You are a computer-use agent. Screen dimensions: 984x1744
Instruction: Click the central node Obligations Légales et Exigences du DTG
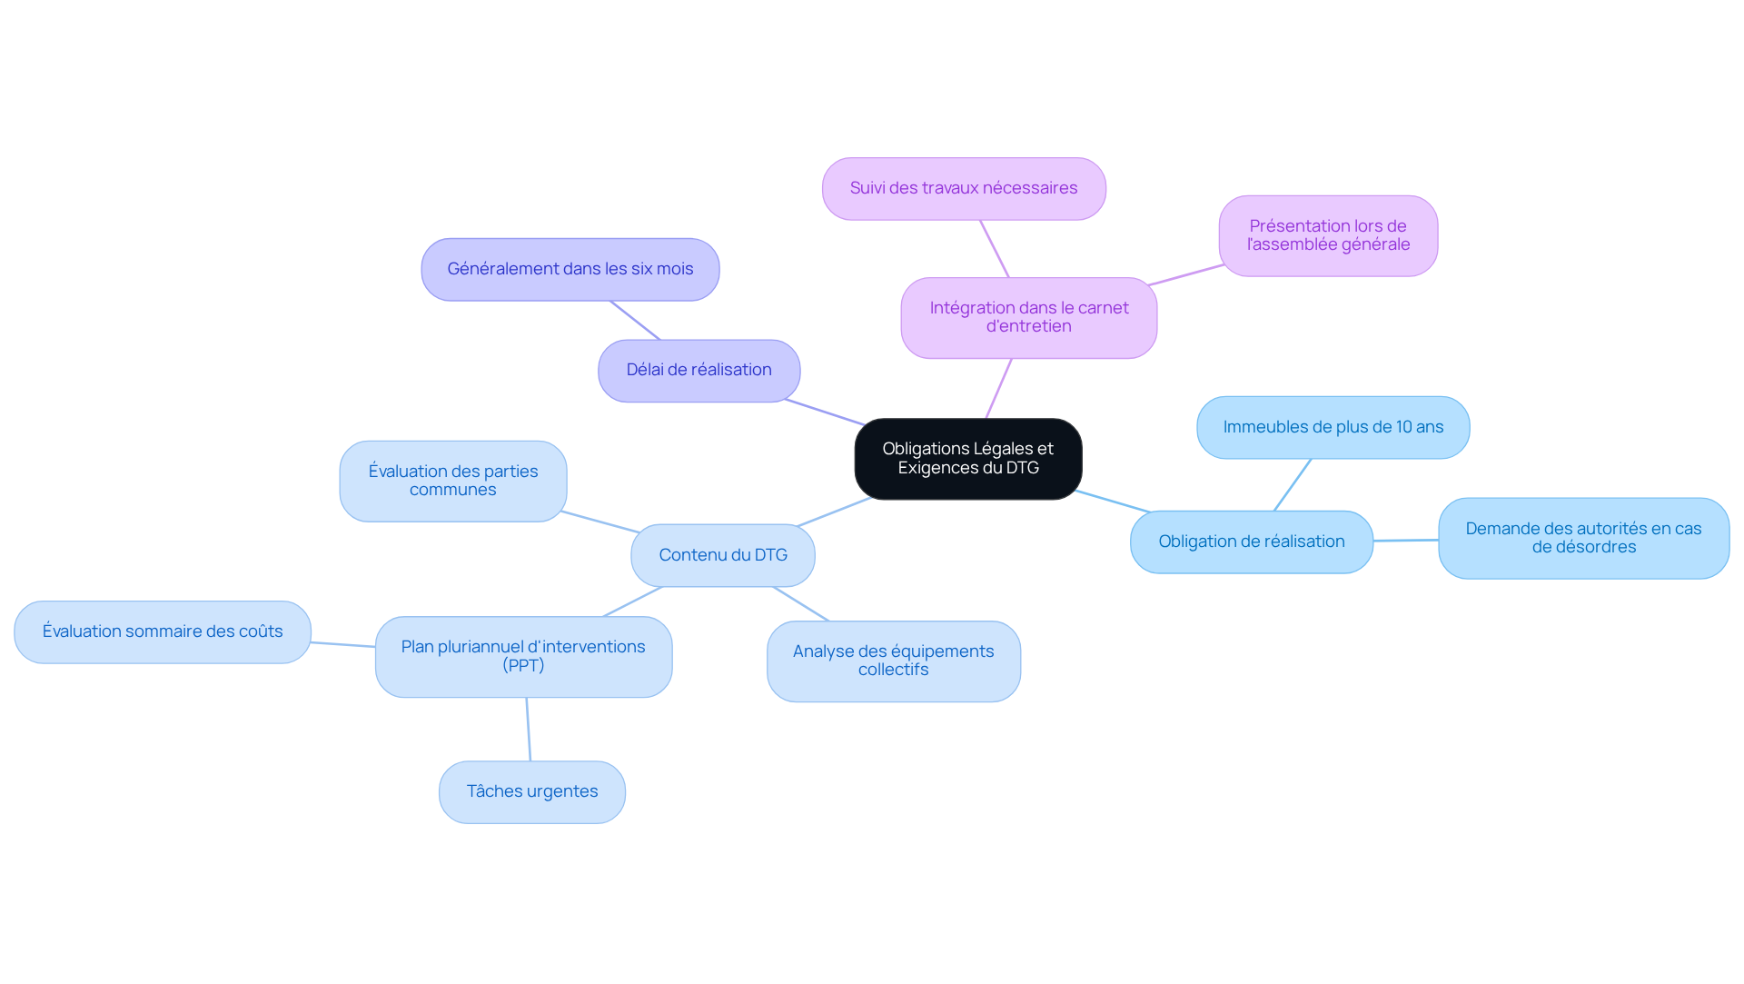point(967,459)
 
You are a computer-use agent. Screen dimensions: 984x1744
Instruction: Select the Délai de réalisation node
point(699,371)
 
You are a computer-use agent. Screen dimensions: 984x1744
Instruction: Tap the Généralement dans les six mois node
point(570,270)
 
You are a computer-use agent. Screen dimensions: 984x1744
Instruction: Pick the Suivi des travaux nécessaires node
point(963,189)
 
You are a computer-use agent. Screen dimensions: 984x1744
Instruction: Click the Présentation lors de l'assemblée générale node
point(1327,236)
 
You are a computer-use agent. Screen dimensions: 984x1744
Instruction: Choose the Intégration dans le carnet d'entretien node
point(1028,318)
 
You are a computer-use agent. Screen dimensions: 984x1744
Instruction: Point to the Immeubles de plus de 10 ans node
point(1333,428)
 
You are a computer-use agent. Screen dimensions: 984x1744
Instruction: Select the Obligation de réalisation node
point(1251,542)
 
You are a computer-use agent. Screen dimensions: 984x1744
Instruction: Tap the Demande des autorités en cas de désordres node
point(1582,539)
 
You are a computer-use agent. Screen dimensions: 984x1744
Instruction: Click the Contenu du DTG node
point(722,555)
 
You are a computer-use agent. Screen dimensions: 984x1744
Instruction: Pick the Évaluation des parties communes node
point(452,482)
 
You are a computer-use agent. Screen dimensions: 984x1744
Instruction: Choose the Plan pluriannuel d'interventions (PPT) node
point(523,657)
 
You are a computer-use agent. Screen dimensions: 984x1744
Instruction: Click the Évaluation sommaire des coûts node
point(163,632)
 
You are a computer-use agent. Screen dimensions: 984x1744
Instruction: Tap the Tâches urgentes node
point(531,792)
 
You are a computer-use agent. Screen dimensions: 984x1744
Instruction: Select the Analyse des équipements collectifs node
point(893,661)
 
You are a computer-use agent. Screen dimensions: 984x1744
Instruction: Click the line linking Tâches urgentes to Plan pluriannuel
point(529,730)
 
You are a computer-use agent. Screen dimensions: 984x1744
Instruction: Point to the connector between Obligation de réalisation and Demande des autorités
point(1405,541)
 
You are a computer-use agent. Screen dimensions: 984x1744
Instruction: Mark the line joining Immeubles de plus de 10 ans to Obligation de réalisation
point(1293,484)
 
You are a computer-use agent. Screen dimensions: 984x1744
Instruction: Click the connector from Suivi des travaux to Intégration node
point(995,249)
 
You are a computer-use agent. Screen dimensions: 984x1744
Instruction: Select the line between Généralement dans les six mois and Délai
point(635,320)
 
